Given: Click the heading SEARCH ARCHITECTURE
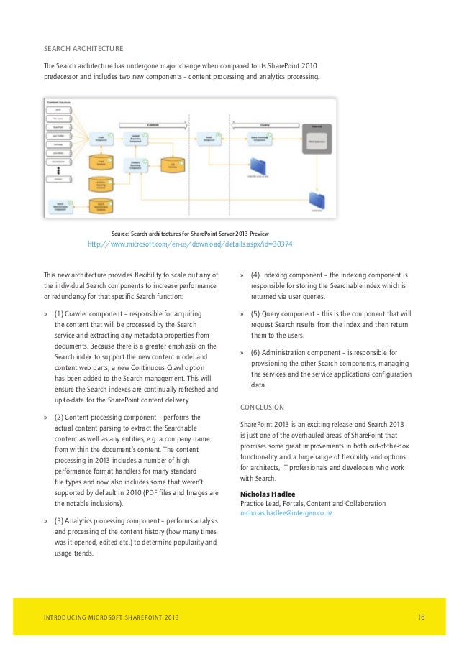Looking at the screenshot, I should point(83,49).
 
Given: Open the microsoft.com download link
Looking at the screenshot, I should point(190,244).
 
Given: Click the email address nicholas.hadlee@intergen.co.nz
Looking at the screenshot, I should point(286,513).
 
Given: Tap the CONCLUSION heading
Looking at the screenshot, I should point(262,407).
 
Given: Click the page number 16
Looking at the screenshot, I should point(422,617).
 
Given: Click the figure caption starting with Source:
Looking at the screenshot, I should point(190,234).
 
